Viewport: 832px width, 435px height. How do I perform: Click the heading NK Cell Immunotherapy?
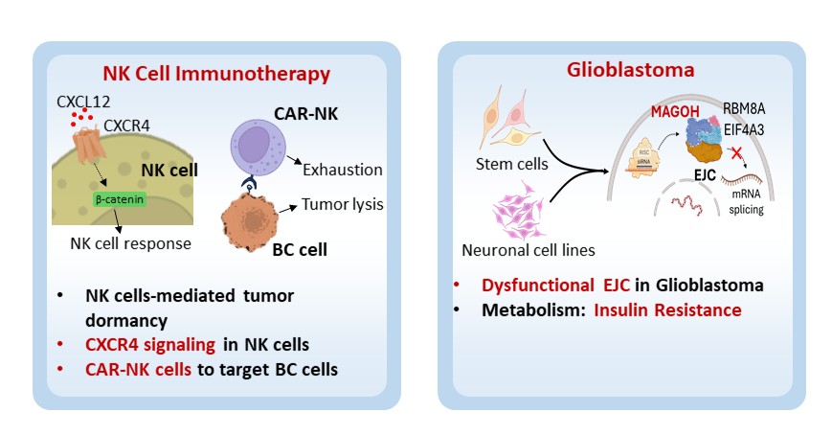tap(216, 73)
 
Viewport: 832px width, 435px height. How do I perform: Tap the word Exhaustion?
tap(343, 170)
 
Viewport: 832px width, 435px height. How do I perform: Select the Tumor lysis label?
tap(343, 204)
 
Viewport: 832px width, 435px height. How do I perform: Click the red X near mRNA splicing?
tap(735, 153)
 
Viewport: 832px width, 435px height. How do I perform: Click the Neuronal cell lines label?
tap(529, 252)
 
